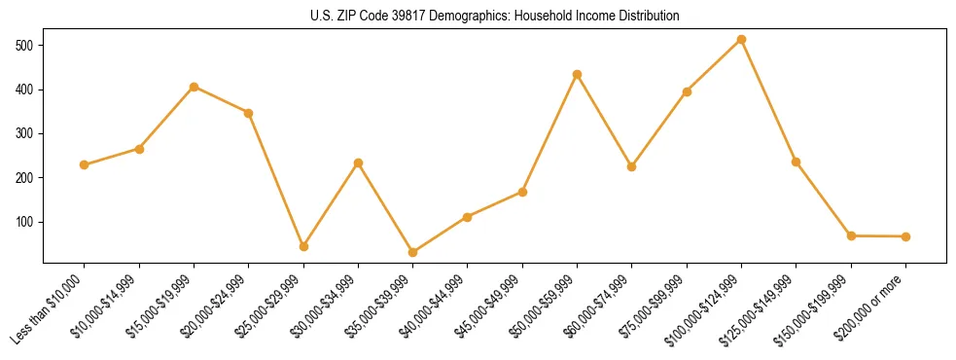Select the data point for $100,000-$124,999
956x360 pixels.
[x=741, y=40]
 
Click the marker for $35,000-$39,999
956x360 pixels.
[x=413, y=253]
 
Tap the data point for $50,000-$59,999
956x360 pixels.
[x=578, y=74]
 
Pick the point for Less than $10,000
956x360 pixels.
[x=85, y=165]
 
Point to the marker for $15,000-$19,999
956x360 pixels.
[x=195, y=87]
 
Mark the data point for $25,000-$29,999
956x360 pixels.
[x=303, y=246]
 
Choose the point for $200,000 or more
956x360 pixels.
[x=905, y=236]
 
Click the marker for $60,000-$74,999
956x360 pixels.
[x=632, y=166]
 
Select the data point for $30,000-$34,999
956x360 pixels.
[x=358, y=162]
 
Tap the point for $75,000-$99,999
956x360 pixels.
[x=687, y=91]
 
